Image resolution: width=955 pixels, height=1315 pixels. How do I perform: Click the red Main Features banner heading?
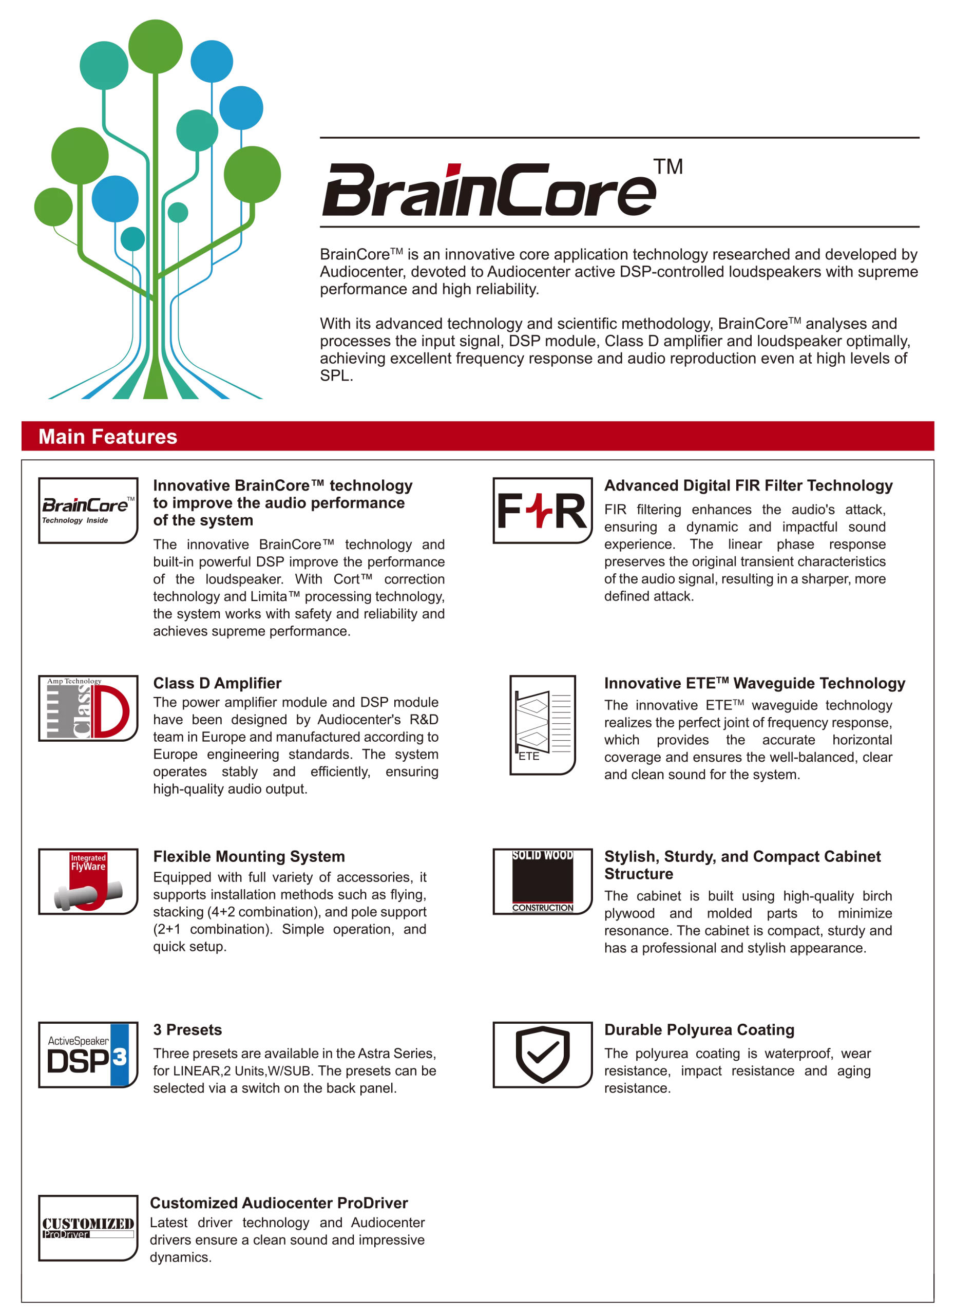[x=108, y=437]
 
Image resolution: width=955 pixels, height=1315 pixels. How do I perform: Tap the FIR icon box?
[x=542, y=510]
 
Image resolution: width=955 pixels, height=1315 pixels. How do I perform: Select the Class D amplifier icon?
[x=88, y=708]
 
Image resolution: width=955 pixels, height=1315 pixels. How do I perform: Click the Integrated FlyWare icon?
[x=88, y=881]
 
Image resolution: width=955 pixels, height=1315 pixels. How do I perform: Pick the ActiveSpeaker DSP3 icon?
[x=88, y=1055]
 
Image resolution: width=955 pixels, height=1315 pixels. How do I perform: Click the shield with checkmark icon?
[x=542, y=1055]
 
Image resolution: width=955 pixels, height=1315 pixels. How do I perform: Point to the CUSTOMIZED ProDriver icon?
[x=88, y=1228]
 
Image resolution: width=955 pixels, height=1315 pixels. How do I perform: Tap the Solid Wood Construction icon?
[x=542, y=881]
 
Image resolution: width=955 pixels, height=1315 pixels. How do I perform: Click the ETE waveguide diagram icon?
[x=542, y=725]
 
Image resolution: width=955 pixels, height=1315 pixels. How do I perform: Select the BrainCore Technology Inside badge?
[x=88, y=510]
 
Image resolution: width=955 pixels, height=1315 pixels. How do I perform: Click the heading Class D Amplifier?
[x=217, y=683]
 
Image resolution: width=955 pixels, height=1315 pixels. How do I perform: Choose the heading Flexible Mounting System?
[x=249, y=856]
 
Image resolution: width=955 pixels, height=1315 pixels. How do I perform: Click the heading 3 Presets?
[x=188, y=1030]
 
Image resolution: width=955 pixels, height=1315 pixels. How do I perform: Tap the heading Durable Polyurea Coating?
[x=699, y=1030]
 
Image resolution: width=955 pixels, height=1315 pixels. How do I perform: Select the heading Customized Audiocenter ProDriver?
[x=279, y=1203]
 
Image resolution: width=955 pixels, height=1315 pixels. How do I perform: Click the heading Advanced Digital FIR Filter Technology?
[x=748, y=485]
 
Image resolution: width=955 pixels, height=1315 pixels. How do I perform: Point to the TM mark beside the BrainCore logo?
[x=668, y=167]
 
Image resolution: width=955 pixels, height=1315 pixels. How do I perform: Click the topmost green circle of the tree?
[x=155, y=46]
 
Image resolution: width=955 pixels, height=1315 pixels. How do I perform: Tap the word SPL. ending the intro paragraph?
[x=336, y=375]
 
